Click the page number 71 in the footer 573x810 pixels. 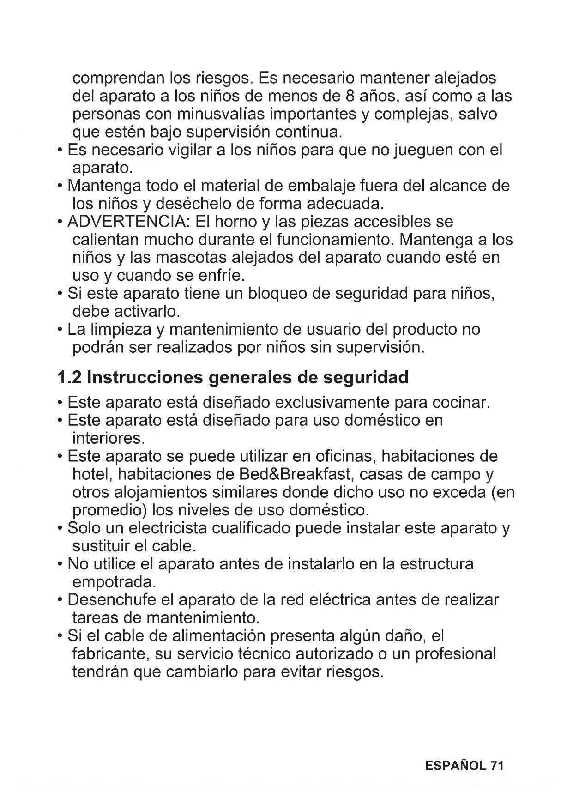(x=496, y=766)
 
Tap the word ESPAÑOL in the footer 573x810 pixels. (x=455, y=766)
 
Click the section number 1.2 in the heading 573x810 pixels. (x=69, y=377)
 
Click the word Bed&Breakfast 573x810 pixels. (x=296, y=474)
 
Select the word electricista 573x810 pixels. (x=169, y=528)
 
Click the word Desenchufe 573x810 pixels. (x=112, y=600)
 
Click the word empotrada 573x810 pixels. (x=114, y=581)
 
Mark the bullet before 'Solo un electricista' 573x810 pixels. (x=60, y=528)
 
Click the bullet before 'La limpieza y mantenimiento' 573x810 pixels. (x=60, y=330)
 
